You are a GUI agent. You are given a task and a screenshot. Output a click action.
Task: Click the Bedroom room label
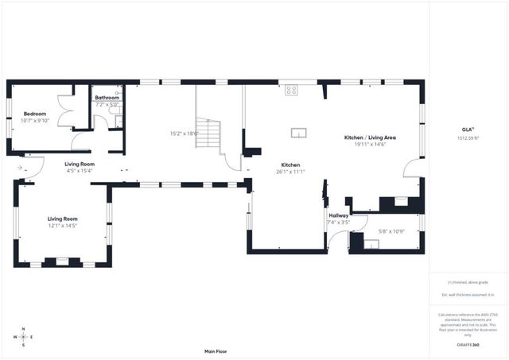[x=35, y=114]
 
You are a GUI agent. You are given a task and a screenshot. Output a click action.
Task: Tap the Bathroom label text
[x=107, y=98]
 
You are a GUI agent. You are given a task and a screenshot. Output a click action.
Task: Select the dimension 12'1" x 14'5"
[x=61, y=225]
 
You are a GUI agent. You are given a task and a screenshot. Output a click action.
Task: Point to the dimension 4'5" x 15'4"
[x=79, y=171]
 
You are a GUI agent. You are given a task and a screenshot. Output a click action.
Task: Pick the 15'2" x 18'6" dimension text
[x=184, y=134]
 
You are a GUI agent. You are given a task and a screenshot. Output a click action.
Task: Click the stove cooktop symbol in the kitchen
[x=291, y=91]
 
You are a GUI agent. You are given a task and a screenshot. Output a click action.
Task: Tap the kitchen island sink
[x=299, y=133]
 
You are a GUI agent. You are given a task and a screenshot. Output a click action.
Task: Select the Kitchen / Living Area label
[x=370, y=137]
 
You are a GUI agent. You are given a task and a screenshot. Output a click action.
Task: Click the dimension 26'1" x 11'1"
[x=289, y=172]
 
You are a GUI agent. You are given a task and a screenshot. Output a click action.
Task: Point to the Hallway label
[x=336, y=215]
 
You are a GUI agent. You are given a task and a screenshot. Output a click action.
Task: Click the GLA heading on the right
[x=468, y=130]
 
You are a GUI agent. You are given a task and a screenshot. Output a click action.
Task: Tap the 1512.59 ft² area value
[x=468, y=137]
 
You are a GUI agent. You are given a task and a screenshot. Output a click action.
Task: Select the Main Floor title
[x=216, y=350]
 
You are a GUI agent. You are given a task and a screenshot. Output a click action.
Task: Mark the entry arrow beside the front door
[x=19, y=168]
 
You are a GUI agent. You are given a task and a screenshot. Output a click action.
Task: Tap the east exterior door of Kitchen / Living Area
[x=413, y=168]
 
